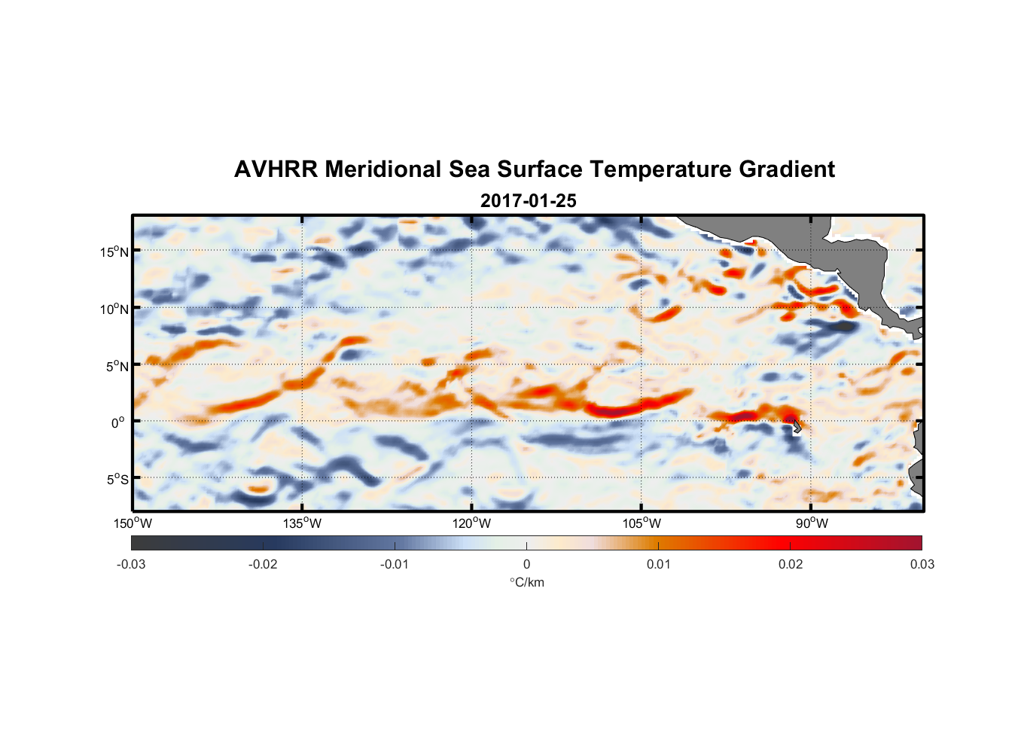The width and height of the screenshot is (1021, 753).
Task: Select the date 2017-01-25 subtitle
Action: pyautogui.click(x=528, y=201)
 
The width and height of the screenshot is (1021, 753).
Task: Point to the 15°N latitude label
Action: pyautogui.click(x=114, y=252)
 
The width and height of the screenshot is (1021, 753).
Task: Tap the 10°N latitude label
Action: pyautogui.click(x=114, y=309)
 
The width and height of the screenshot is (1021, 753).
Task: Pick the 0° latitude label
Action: pyautogui.click(x=117, y=422)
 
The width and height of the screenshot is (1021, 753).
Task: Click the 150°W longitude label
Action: pyautogui.click(x=133, y=523)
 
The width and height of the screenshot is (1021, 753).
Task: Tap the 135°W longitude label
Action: pyautogui.click(x=302, y=523)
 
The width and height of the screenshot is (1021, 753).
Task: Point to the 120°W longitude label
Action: pyautogui.click(x=472, y=523)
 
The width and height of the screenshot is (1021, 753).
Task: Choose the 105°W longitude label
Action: pyautogui.click(x=642, y=523)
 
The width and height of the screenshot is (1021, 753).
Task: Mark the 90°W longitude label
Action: pyautogui.click(x=812, y=523)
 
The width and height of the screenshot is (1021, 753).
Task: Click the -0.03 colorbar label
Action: pyautogui.click(x=131, y=564)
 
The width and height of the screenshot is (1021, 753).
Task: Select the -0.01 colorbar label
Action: pyautogui.click(x=395, y=564)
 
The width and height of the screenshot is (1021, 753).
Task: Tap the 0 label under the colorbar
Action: pyautogui.click(x=526, y=564)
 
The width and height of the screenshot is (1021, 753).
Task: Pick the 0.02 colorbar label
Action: pyautogui.click(x=791, y=564)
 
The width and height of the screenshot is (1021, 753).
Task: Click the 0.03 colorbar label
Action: pyautogui.click(x=922, y=564)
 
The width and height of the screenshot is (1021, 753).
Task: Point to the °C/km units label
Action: pyautogui.click(x=526, y=582)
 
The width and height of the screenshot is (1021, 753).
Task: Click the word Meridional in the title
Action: pyautogui.click(x=383, y=169)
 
